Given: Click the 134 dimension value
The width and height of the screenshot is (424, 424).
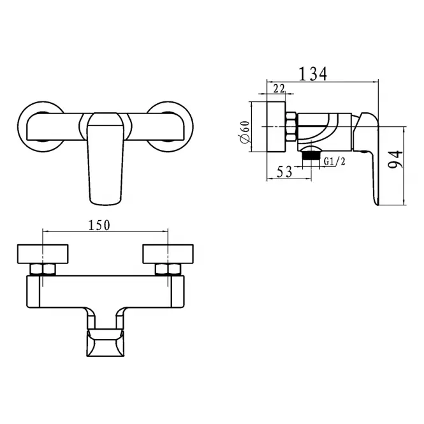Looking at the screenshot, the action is click(x=312, y=74).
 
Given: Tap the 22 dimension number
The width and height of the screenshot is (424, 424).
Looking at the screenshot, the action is click(x=279, y=88).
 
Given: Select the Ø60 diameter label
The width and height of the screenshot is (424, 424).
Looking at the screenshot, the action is click(x=244, y=132).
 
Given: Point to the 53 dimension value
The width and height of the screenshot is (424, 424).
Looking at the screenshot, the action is click(x=284, y=172).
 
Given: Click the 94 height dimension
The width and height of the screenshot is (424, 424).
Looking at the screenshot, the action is click(x=395, y=159).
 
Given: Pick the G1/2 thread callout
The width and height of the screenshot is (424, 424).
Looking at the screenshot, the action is click(x=335, y=161).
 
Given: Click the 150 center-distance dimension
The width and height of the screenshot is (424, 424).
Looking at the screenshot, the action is click(x=99, y=225).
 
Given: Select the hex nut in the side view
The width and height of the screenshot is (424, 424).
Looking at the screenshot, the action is click(x=291, y=126).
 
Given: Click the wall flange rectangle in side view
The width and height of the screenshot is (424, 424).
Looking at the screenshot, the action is click(x=276, y=126).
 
